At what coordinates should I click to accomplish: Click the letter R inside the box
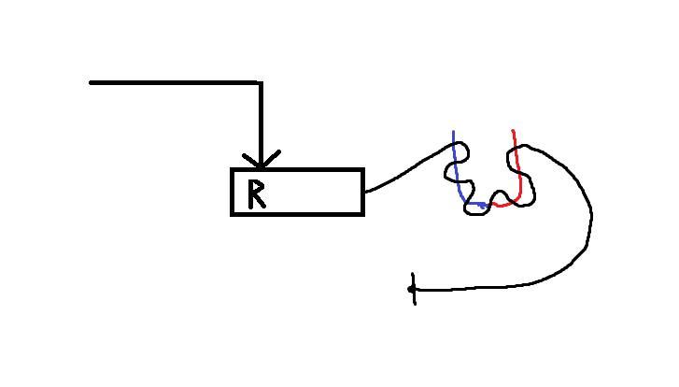click(x=256, y=194)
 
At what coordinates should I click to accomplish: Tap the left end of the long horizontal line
click(x=90, y=82)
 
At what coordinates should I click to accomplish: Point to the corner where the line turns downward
click(x=261, y=83)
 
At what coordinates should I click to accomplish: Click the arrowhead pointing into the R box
click(x=262, y=160)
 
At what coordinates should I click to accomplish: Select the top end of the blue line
click(x=453, y=131)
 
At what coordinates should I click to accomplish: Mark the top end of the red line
click(x=513, y=131)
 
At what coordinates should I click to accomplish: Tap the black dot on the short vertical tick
click(x=411, y=289)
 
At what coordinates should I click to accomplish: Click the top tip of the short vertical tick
click(x=413, y=274)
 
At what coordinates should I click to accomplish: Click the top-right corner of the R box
click(x=363, y=169)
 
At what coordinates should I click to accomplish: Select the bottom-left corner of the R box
click(x=233, y=214)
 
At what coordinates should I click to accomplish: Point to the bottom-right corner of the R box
click(x=363, y=214)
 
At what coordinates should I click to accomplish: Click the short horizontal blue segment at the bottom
click(x=475, y=204)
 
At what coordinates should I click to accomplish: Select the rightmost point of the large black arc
click(x=591, y=215)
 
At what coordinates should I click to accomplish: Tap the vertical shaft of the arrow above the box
click(x=262, y=123)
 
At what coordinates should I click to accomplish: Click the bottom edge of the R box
click(x=298, y=214)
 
